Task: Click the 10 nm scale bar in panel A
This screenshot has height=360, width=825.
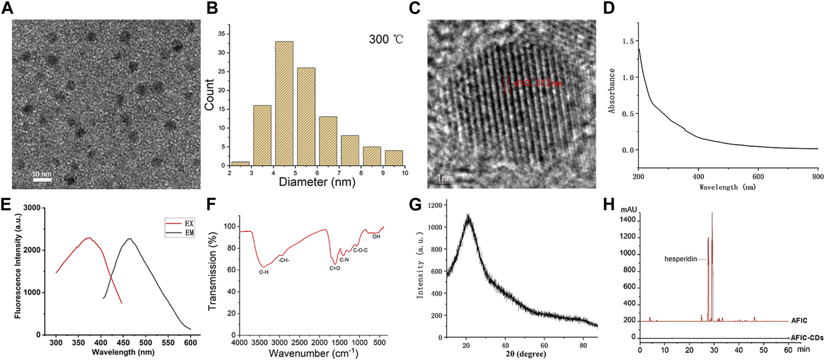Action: click(41, 178)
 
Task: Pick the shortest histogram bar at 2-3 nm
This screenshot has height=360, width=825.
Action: click(240, 163)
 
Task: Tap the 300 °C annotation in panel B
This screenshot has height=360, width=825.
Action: click(386, 39)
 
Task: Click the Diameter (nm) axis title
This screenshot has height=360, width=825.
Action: click(317, 182)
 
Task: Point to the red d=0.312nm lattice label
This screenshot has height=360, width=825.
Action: click(538, 83)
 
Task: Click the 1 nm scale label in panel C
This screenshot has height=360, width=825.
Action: click(446, 178)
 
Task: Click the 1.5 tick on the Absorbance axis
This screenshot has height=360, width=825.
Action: click(628, 41)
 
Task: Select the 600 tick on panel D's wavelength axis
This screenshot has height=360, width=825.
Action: click(758, 177)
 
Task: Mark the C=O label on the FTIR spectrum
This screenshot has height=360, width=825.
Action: click(334, 268)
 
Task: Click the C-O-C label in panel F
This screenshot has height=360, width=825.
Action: click(360, 250)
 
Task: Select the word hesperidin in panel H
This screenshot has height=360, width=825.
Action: click(680, 259)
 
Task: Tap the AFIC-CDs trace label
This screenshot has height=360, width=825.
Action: click(807, 338)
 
